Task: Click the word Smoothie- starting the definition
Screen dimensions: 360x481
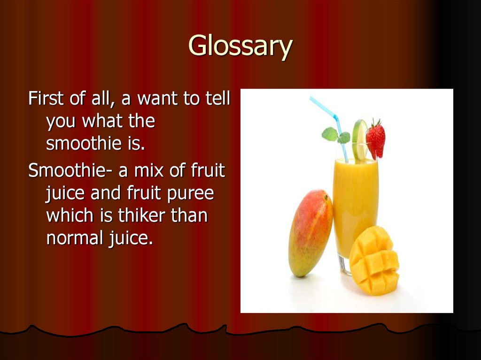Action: pyautogui.click(x=70, y=170)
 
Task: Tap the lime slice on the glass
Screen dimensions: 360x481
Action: pyautogui.click(x=360, y=139)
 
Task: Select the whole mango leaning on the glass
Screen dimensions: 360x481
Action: pyautogui.click(x=310, y=232)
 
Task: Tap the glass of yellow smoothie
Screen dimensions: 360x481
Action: pyautogui.click(x=355, y=207)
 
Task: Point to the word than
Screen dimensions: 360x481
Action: pyautogui.click(x=189, y=216)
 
